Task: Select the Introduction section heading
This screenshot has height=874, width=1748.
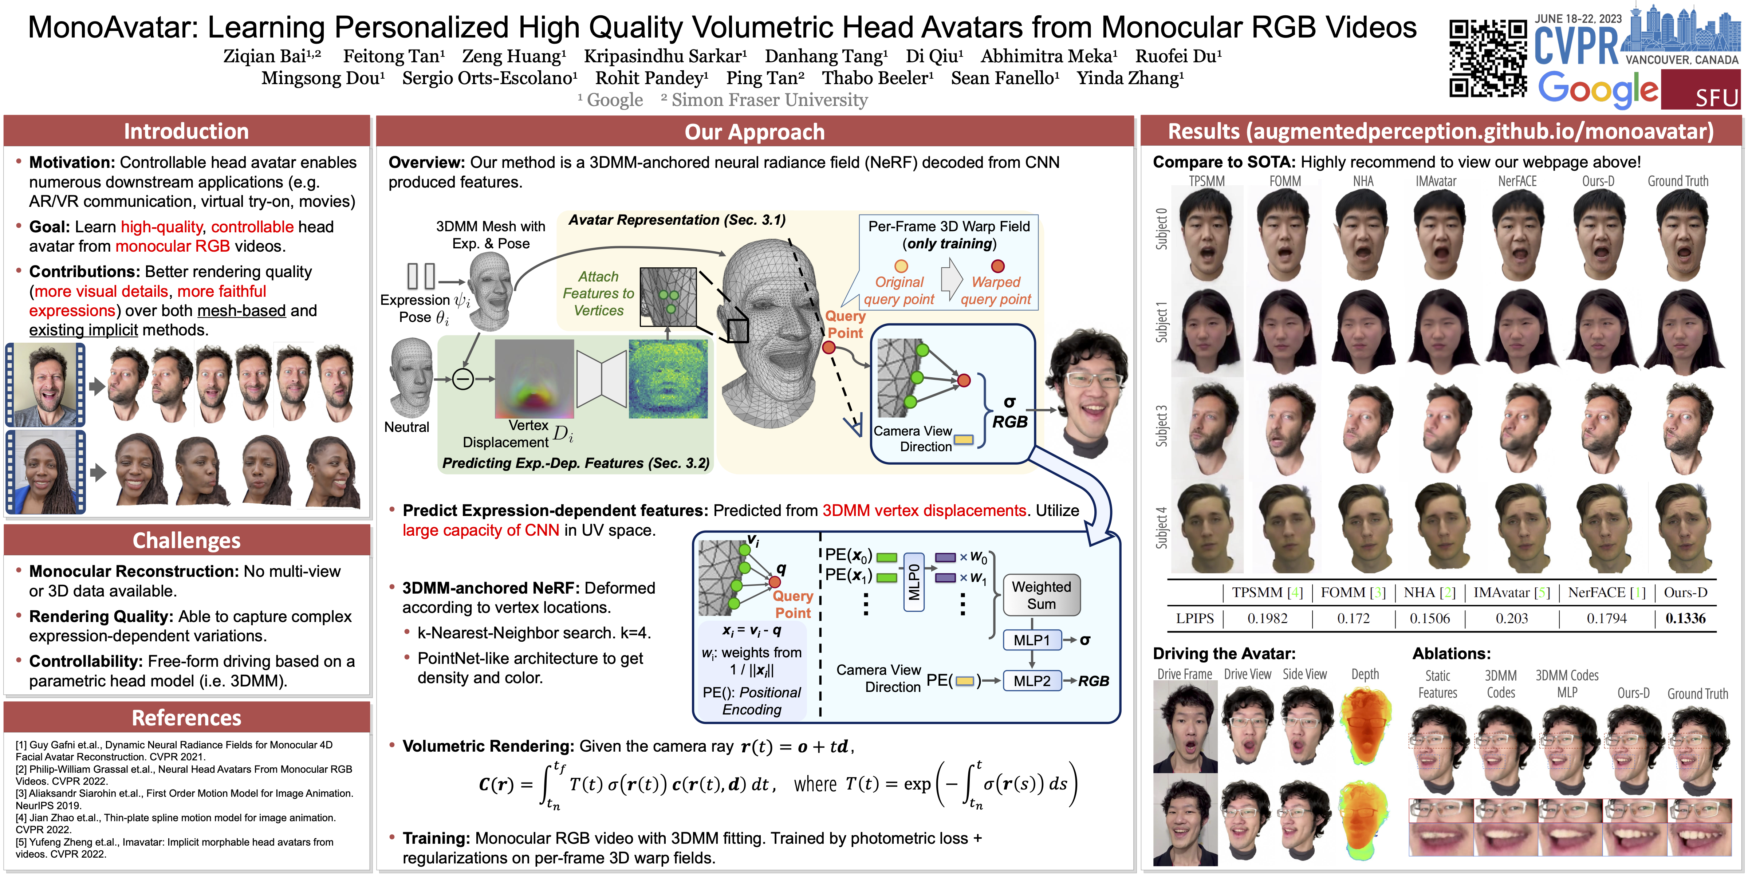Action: click(186, 131)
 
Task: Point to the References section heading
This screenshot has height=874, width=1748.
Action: click(186, 717)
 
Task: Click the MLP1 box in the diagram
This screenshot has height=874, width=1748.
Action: click(1031, 640)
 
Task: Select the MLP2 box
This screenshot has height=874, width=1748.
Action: click(1031, 681)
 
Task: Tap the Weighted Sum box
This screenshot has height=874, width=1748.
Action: click(1041, 595)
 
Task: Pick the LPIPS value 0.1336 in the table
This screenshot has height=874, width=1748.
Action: click(1685, 618)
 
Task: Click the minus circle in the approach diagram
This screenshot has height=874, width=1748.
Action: click(463, 379)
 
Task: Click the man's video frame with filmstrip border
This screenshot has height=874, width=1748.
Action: click(46, 385)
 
